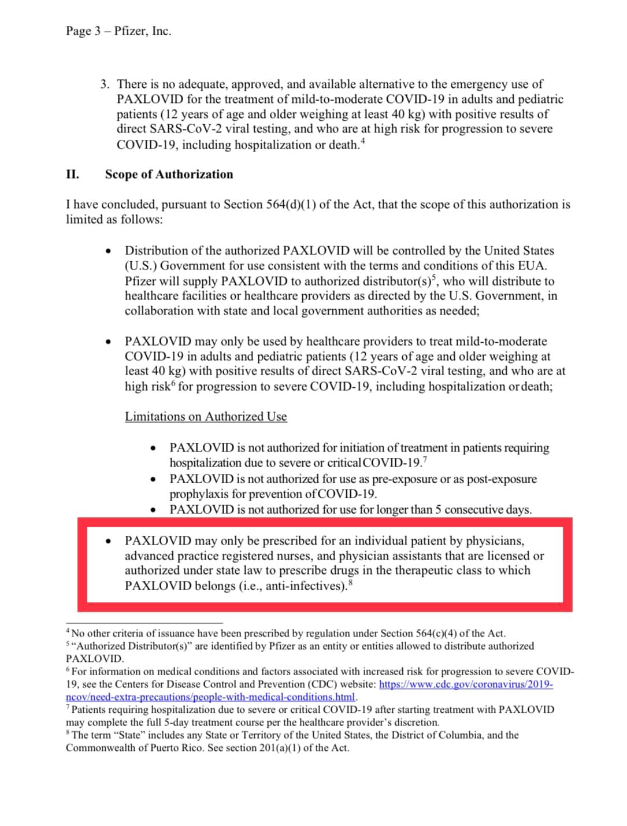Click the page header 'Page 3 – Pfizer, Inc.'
(118, 31)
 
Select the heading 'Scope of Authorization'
(169, 175)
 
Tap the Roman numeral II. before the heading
(72, 175)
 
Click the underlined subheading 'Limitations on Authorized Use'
(206, 417)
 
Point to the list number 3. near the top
(105, 84)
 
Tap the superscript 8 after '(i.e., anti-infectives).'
(351, 583)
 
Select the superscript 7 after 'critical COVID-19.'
(425, 460)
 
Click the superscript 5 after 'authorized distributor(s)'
(436, 277)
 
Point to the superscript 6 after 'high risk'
(173, 382)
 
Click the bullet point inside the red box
(109, 542)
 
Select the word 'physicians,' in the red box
(495, 541)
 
